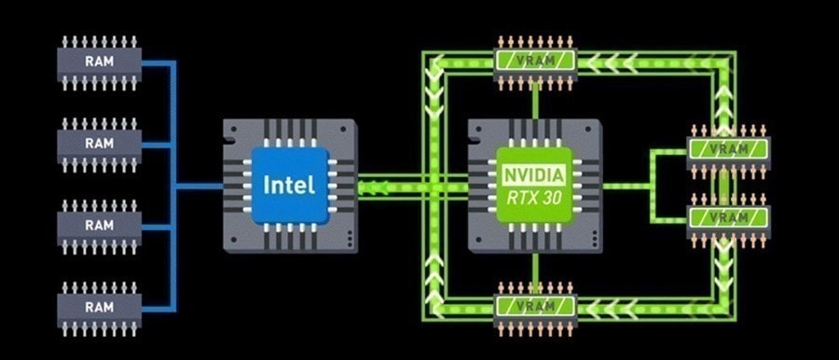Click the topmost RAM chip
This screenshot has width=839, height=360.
click(100, 62)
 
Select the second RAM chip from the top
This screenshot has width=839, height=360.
click(100, 145)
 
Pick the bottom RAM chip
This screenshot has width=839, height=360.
click(100, 309)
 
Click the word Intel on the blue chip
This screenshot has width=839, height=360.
click(290, 185)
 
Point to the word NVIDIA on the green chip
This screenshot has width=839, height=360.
click(534, 174)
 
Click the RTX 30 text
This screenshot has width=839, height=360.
click(534, 198)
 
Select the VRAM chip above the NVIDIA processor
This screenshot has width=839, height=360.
click(535, 62)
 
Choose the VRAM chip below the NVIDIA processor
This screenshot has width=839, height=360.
click(535, 308)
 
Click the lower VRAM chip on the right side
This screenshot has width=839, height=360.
click(728, 219)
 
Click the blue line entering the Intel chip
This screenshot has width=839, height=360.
click(199, 187)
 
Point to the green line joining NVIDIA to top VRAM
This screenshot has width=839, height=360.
click(535, 104)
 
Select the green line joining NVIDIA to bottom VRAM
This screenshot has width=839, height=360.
click(535, 268)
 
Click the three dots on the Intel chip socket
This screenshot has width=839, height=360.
click(350, 237)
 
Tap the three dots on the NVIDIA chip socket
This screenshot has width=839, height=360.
click(595, 237)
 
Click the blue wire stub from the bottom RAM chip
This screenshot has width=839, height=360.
click(158, 309)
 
